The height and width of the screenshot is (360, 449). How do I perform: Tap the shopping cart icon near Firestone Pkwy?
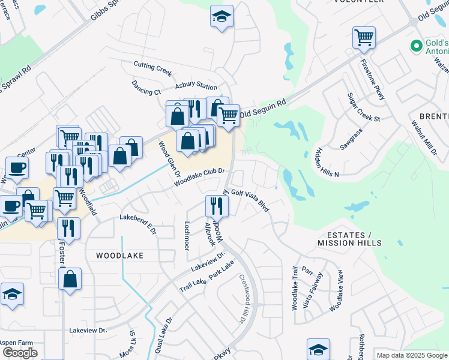click(x=364, y=38)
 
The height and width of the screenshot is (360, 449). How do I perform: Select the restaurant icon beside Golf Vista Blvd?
click(x=217, y=206)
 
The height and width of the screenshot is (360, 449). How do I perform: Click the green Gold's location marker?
click(x=415, y=46)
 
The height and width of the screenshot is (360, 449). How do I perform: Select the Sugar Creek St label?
click(x=364, y=107)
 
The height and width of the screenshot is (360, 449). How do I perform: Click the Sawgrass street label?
click(x=352, y=142)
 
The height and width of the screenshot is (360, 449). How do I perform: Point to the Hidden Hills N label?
click(x=328, y=162)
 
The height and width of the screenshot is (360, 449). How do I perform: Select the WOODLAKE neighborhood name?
click(x=119, y=255)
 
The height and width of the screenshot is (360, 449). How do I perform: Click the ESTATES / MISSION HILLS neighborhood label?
click(x=349, y=238)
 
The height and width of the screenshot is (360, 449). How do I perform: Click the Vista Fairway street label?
click(x=313, y=290)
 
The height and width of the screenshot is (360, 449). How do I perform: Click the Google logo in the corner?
click(x=20, y=353)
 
